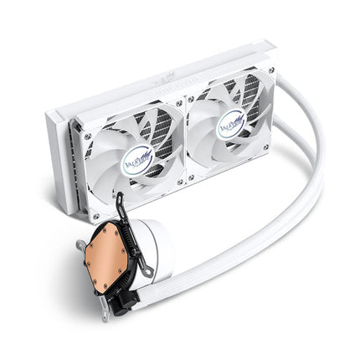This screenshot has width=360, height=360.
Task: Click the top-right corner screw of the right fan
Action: point(270,71)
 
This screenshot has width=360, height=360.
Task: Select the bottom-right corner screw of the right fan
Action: point(267,151)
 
